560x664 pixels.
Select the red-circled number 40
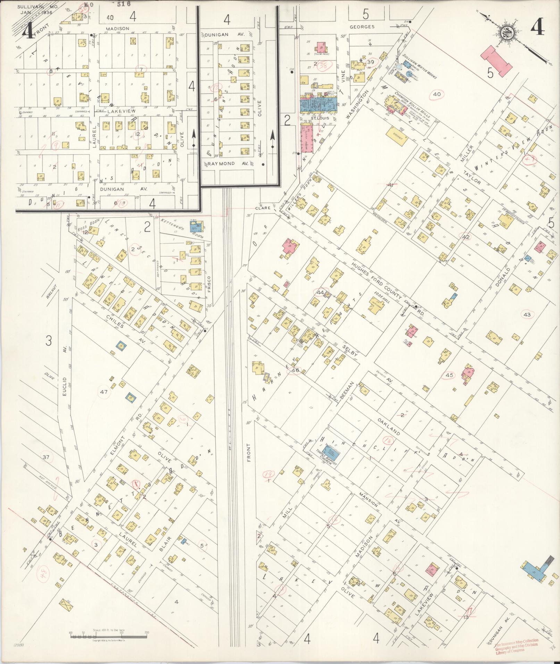pos(437,94)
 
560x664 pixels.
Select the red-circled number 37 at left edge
pos(46,457)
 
